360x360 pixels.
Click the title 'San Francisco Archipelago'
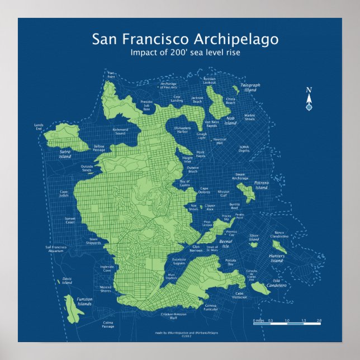pyautogui.click(x=184, y=39)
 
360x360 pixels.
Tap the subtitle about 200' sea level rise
pyautogui.click(x=184, y=53)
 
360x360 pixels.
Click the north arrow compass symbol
pyautogui.click(x=309, y=100)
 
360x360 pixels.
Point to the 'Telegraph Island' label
pyautogui.click(x=250, y=87)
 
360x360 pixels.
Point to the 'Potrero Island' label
pyautogui.click(x=262, y=185)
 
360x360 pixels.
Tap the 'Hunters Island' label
pyautogui.click(x=277, y=258)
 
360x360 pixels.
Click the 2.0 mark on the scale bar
pyautogui.click(x=319, y=321)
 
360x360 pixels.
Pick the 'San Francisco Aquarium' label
pyautogui.click(x=56, y=249)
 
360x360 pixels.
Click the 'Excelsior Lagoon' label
pyautogui.click(x=179, y=261)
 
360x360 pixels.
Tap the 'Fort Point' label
pyautogui.click(x=111, y=74)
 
